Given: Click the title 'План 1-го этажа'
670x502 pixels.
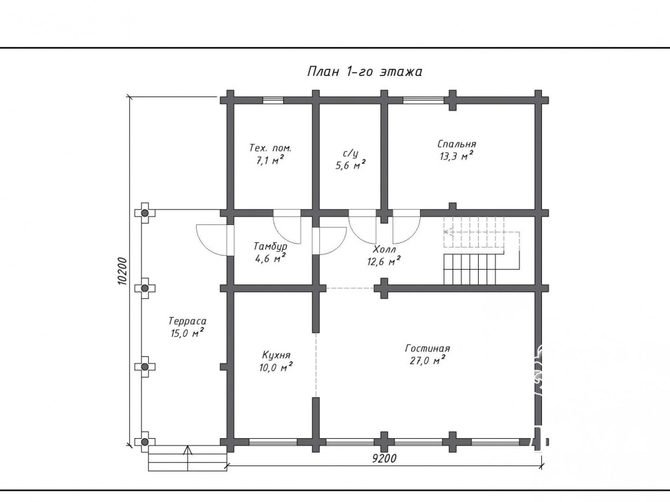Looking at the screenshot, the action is click(x=365, y=71).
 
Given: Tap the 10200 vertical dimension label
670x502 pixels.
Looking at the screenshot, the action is click(x=122, y=271).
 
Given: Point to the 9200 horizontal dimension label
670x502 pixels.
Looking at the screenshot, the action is click(x=384, y=459).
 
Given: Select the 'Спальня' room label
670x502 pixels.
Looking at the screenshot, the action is click(x=457, y=144).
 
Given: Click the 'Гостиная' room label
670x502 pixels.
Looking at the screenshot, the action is click(x=427, y=349).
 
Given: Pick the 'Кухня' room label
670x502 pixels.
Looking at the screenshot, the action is click(x=276, y=355).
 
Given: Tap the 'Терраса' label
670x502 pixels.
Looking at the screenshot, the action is click(x=187, y=321).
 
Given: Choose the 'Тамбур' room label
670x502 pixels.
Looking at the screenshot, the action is click(x=270, y=246).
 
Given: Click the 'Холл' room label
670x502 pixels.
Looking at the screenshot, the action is click(x=384, y=249).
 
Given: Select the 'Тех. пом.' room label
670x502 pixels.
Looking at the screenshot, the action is click(x=270, y=148).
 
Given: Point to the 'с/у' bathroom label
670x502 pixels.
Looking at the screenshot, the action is click(x=351, y=153).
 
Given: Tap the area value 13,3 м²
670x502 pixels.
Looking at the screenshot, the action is click(x=457, y=156).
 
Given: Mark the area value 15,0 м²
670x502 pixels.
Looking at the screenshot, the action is click(x=187, y=333).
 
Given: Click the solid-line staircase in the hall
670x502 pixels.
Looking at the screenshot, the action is click(x=470, y=269).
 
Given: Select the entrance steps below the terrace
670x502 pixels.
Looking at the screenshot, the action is click(x=187, y=459).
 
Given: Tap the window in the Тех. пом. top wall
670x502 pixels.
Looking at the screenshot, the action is click(x=273, y=101).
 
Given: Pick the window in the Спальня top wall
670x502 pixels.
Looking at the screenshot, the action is click(x=423, y=101).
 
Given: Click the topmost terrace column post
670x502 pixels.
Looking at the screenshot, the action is click(x=145, y=213).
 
